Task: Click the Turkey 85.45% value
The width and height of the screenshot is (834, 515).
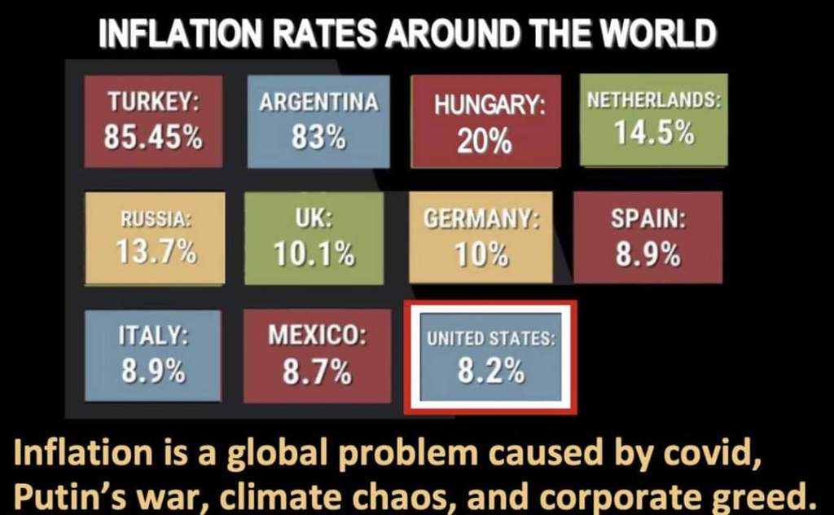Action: pyautogui.click(x=153, y=137)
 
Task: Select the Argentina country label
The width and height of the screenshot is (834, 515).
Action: pyautogui.click(x=318, y=103)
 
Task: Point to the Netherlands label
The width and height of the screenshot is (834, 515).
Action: pyautogui.click(x=654, y=102)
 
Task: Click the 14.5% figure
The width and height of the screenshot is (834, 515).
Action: pyautogui.click(x=654, y=132)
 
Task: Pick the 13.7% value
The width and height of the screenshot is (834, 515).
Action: pyautogui.click(x=156, y=251)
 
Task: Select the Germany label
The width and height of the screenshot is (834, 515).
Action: pyautogui.click(x=481, y=219)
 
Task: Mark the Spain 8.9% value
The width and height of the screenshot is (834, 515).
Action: pyautogui.click(x=647, y=254)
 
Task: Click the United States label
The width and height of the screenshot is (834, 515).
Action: pyautogui.click(x=491, y=337)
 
